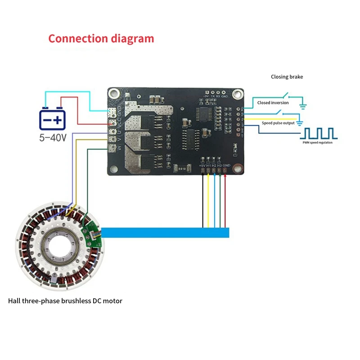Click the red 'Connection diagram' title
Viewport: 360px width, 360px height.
pyautogui.click(x=101, y=38)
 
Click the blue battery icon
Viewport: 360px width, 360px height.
pyautogui.click(x=53, y=119)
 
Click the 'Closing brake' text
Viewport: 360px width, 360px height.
pyautogui.click(x=287, y=77)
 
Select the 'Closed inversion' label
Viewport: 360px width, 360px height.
pyautogui.click(x=273, y=103)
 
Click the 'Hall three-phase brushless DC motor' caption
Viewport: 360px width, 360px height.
pyautogui.click(x=65, y=301)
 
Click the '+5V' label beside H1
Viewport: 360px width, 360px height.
pyautogui.click(x=202, y=166)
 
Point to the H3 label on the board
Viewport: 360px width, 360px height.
pyautogui.click(x=219, y=166)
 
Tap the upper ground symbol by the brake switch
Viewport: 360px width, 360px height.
pyautogui.click(x=302, y=106)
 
